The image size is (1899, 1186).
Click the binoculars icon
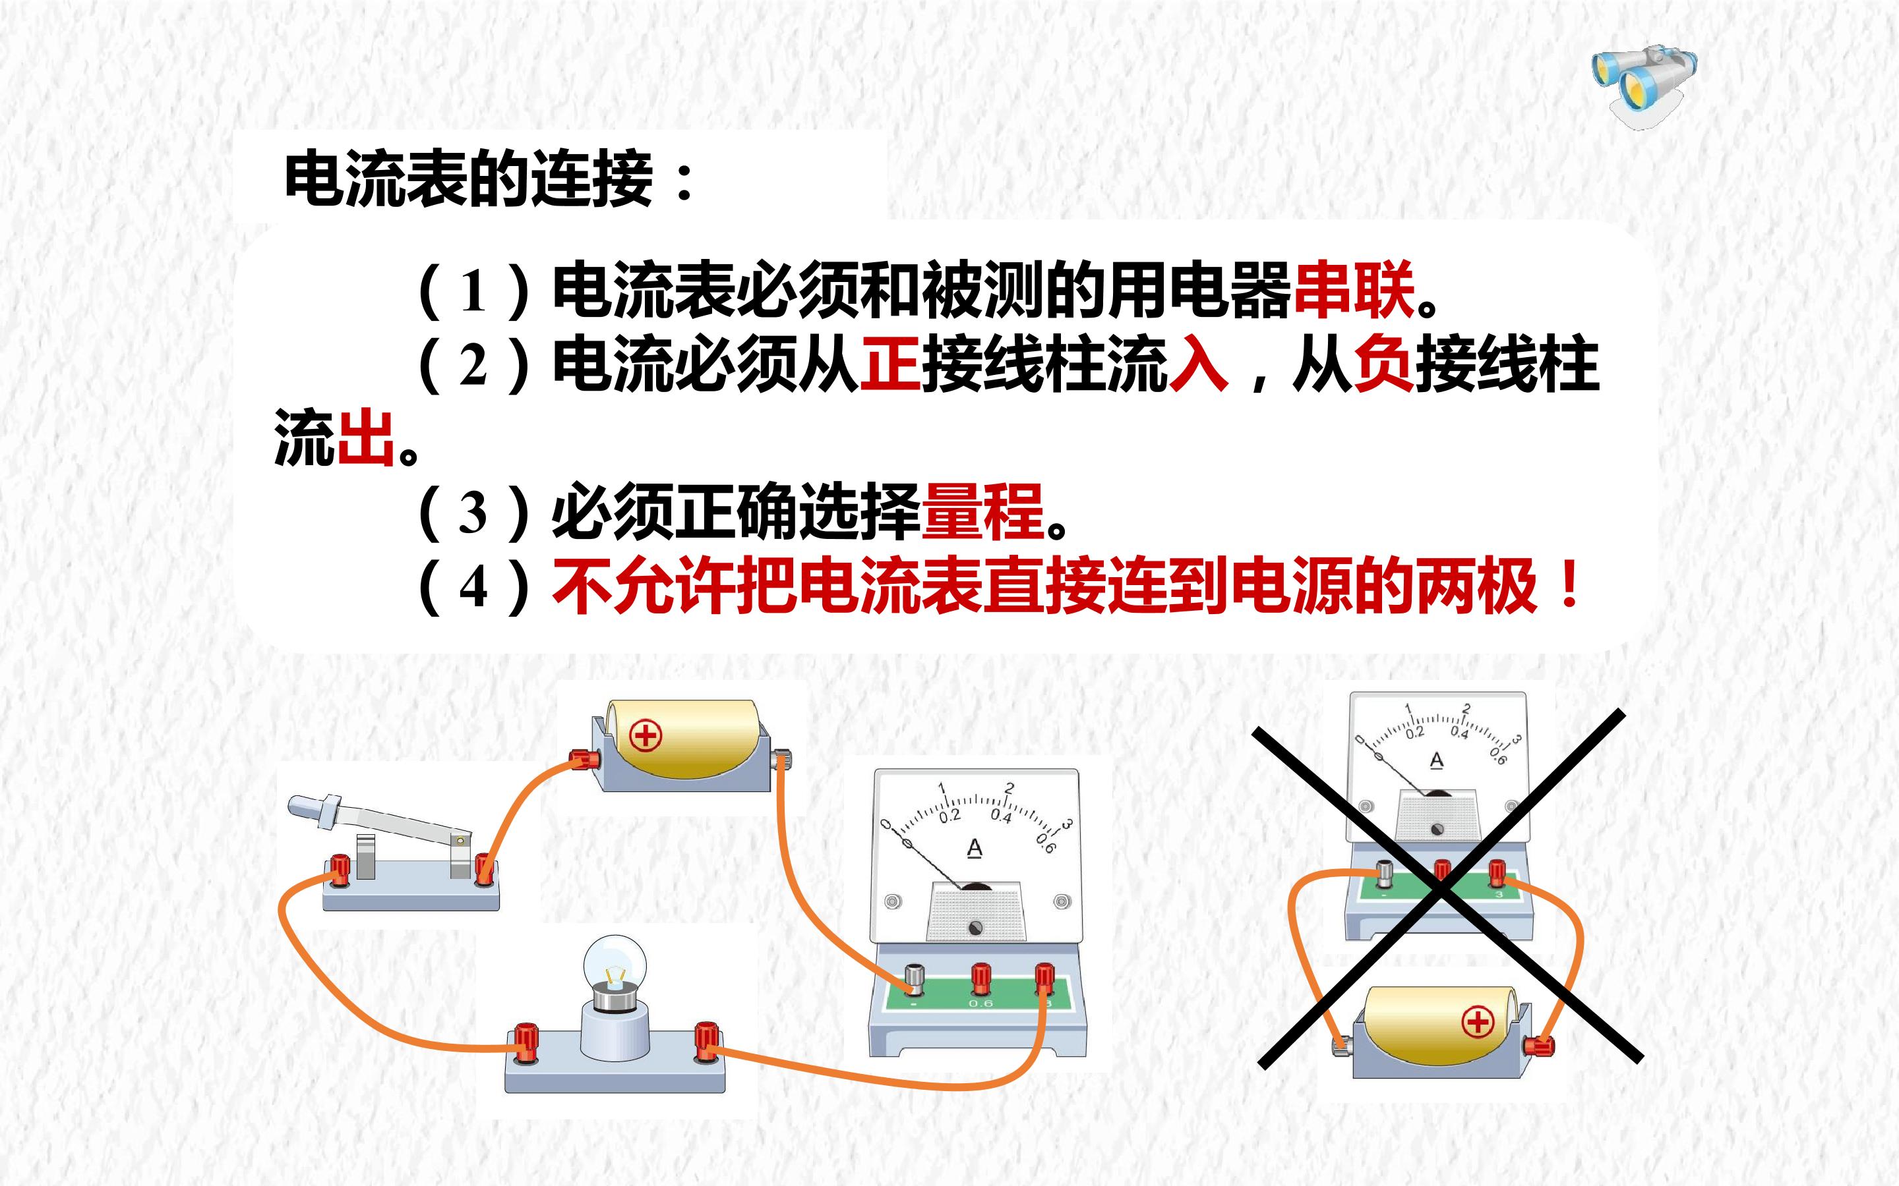click(x=1644, y=85)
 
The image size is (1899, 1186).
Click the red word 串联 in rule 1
click(x=1354, y=290)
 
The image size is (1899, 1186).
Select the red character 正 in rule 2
click(x=891, y=363)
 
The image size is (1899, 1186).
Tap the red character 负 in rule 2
click(x=1384, y=363)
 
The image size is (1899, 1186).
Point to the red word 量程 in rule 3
click(x=983, y=511)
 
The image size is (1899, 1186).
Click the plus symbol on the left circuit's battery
click(x=646, y=735)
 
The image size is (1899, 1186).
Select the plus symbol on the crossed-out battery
click(x=1478, y=1022)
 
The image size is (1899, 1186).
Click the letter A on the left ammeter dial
click(x=975, y=849)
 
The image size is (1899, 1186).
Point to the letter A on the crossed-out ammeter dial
click(x=1437, y=760)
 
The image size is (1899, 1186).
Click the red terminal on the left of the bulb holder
click(x=525, y=1042)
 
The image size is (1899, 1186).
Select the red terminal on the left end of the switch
click(x=340, y=869)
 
